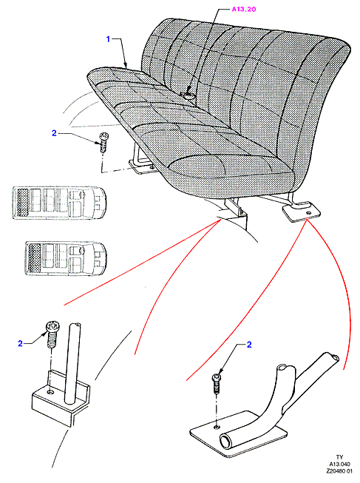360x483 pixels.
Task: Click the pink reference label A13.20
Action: (244, 9)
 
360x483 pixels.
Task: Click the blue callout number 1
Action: (108, 39)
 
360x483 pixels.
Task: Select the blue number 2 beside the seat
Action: (54, 133)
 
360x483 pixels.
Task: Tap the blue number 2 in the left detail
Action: (20, 343)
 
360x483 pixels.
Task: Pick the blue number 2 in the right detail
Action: (249, 345)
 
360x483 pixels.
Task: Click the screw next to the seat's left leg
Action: (103, 142)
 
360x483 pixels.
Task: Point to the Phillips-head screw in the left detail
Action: (52, 334)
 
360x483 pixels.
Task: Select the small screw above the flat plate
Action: (217, 383)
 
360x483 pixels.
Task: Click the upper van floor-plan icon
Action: (59, 203)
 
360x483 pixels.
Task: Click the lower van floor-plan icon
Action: (65, 258)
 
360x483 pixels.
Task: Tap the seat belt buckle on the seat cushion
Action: (189, 95)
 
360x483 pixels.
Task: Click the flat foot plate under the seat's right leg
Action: (301, 212)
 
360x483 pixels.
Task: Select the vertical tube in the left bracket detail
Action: (72, 363)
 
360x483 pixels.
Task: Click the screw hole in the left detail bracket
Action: (50, 393)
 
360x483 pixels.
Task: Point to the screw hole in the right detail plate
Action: (217, 427)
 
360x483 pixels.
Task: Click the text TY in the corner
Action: (339, 457)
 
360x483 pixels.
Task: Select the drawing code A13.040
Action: (339, 465)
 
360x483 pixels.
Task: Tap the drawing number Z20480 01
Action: (339, 471)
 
